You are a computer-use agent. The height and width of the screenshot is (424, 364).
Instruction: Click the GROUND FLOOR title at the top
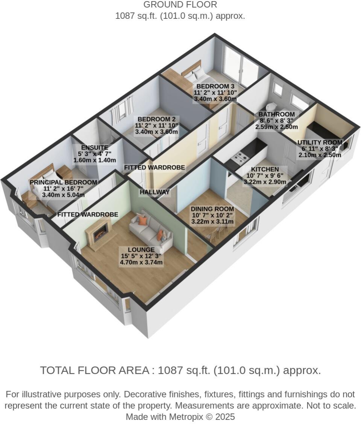point(180,5)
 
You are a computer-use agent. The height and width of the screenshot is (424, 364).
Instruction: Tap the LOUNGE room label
point(141,250)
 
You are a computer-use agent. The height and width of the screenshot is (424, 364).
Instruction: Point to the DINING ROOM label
point(212,209)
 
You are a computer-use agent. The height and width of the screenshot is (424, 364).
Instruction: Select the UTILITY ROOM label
point(320,143)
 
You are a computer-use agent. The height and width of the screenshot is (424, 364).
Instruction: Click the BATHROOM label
point(276,115)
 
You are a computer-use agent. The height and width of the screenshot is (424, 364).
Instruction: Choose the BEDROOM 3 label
point(215,86)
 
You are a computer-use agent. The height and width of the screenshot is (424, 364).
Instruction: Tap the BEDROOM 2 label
point(157,119)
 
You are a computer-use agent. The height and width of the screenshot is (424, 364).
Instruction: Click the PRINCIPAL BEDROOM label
point(63,183)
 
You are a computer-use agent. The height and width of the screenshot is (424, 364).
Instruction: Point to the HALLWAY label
point(154,192)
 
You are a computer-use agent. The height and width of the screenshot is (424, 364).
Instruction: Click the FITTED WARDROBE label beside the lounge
point(88,215)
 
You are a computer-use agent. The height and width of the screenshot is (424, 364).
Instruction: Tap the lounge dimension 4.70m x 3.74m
point(141,263)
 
